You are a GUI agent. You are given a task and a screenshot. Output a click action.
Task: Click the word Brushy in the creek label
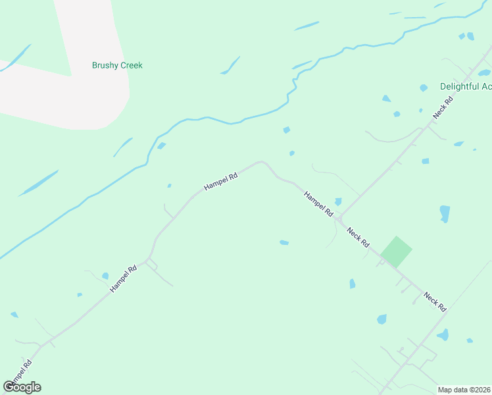105,66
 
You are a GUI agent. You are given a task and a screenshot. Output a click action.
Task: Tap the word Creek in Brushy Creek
130,66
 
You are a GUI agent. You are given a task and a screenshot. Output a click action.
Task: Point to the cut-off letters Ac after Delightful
486,87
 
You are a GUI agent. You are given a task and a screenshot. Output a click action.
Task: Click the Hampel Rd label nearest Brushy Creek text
220,178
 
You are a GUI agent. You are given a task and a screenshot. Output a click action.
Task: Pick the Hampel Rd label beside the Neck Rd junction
318,204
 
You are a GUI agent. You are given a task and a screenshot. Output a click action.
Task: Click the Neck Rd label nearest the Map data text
435,302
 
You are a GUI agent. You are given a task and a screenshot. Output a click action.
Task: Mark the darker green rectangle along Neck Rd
397,251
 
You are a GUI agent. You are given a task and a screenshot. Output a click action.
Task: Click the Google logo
22,387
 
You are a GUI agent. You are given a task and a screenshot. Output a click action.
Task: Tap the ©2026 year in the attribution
479,390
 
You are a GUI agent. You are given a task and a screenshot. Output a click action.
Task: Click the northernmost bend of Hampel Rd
261,161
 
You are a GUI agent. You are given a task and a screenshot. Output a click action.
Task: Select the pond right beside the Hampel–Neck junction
338,201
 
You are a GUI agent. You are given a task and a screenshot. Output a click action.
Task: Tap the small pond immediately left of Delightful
423,88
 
